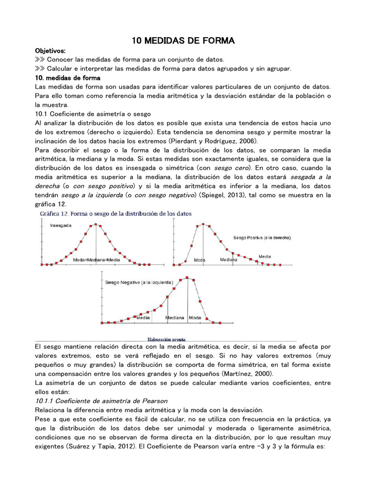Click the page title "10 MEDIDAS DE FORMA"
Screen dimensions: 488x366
(183, 41)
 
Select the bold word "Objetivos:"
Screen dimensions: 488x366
(51, 51)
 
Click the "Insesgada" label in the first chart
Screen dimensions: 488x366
(61, 226)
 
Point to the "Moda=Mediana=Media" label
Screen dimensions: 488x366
(97, 260)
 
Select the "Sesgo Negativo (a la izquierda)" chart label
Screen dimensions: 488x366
(139, 282)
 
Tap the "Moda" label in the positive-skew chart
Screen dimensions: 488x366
(200, 260)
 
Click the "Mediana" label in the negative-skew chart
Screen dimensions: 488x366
(175, 317)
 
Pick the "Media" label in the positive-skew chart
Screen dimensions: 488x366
(265, 256)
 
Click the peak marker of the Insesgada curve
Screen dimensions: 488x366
(96, 224)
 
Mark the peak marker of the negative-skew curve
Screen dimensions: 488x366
(187, 277)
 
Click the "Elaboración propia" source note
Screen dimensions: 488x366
(166, 339)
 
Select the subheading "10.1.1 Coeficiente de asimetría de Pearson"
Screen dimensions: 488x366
(102, 401)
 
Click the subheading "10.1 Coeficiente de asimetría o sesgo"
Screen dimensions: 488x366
(93, 114)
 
